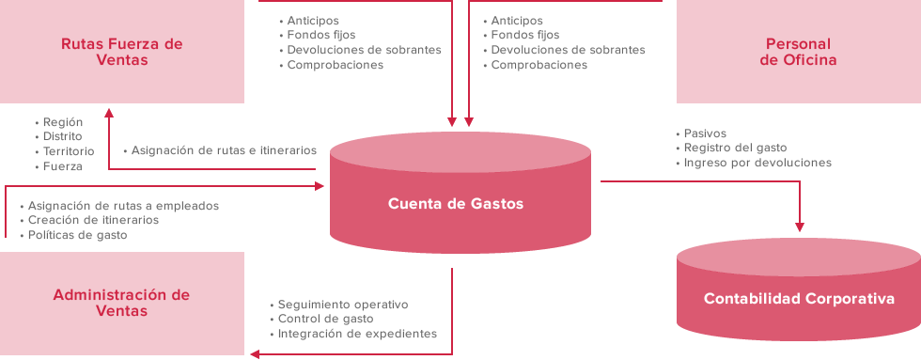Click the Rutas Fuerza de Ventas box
[x=121, y=52]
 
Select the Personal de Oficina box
[x=798, y=52]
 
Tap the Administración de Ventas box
[x=121, y=303]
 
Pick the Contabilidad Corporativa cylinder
[x=798, y=299]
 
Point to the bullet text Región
[x=63, y=122]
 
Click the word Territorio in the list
[x=69, y=151]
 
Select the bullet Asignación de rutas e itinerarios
[x=224, y=150]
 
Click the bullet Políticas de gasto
[x=77, y=235]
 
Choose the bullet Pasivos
[x=705, y=133]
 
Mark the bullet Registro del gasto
[x=735, y=148]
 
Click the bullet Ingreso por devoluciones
[x=757, y=163]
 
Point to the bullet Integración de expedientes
[x=356, y=334]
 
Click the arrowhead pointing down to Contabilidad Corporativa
[x=800, y=226]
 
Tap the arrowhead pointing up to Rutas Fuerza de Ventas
[x=109, y=111]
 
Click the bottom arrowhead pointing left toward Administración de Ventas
[x=255, y=353]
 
